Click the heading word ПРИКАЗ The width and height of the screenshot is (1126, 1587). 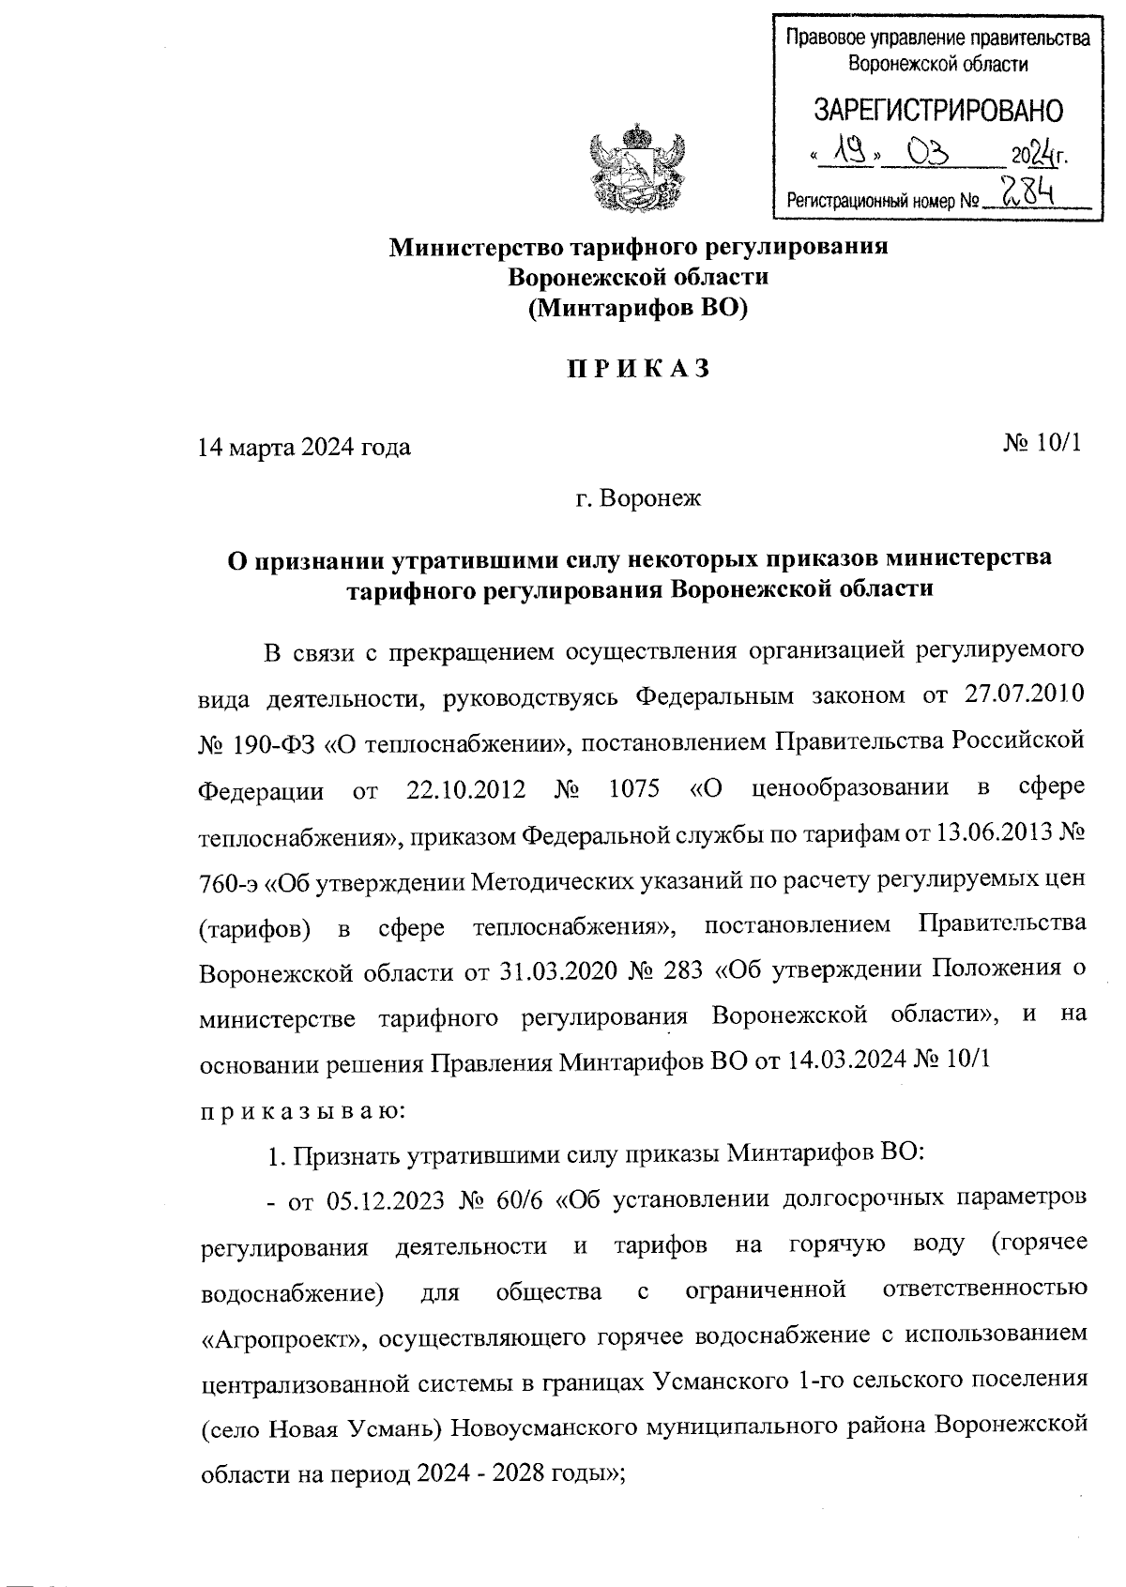click(637, 370)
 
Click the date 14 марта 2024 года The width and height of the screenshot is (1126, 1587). click(303, 448)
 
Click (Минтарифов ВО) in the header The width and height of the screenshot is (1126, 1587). click(637, 309)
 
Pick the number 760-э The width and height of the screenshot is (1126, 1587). click(228, 880)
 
